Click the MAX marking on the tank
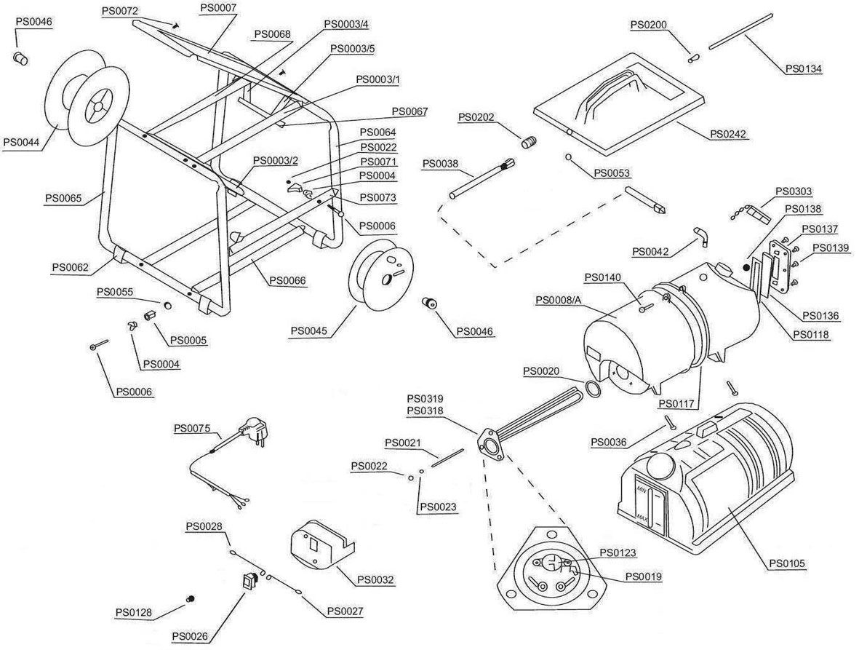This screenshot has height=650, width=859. tap(642, 518)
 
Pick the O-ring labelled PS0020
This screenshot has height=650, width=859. tap(593, 389)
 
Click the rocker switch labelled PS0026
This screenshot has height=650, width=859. tap(249, 582)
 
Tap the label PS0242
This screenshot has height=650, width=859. tap(728, 134)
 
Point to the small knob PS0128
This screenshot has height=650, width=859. tap(191, 598)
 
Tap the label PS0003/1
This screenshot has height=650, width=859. tap(377, 79)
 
